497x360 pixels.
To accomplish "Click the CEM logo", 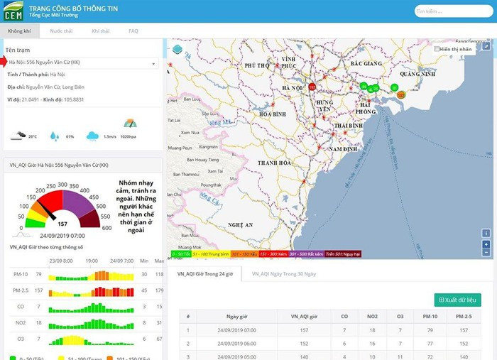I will coord(13,11).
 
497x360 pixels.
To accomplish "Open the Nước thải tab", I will coord(61,32).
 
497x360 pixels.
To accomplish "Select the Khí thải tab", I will coord(100,32).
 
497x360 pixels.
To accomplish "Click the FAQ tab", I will coord(133,32).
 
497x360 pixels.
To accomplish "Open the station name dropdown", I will coord(82,62).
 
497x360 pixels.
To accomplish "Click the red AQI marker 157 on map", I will coord(312,87).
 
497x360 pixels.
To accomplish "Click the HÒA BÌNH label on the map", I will coord(273,114).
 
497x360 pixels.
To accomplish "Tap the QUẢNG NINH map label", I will coord(417,73).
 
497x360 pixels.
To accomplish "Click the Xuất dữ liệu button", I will coord(458,300).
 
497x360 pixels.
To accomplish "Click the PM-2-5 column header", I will coord(464,316).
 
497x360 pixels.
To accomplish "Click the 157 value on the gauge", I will coord(62,223).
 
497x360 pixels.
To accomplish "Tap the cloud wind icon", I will coord(92,136).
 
